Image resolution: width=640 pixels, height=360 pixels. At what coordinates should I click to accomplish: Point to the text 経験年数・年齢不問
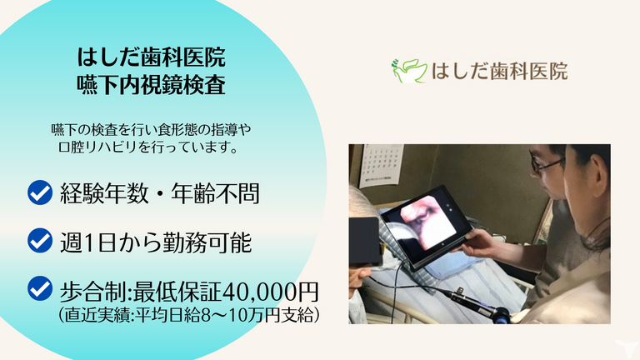click(159, 194)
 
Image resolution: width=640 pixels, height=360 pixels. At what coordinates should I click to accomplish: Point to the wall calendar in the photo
click(381, 163)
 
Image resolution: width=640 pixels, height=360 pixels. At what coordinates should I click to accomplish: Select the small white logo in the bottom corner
click(621, 346)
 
